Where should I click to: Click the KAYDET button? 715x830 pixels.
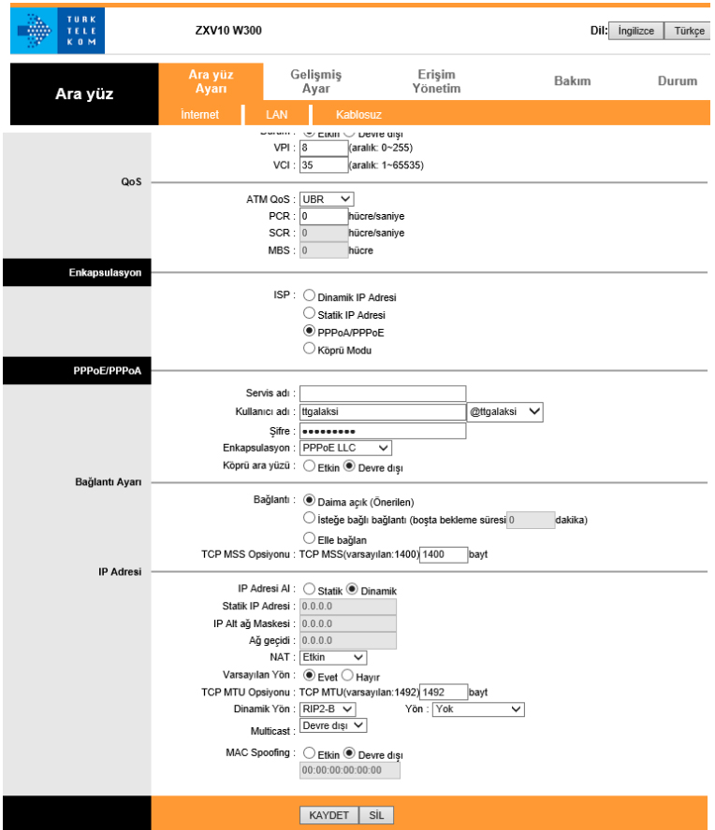[x=328, y=815]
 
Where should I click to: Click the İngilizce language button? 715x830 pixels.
[x=637, y=31]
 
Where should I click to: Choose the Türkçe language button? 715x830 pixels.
[x=689, y=31]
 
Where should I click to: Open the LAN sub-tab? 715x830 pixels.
[x=276, y=114]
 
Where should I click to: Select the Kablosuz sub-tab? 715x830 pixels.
[x=358, y=114]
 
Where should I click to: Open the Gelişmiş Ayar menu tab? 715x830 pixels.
[x=315, y=81]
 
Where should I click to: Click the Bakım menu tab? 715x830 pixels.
[x=572, y=81]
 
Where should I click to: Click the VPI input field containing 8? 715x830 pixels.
[x=322, y=148]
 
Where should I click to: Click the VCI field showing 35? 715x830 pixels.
[x=322, y=165]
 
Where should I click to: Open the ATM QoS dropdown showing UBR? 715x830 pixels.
[x=327, y=198]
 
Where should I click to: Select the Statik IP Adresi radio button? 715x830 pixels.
[x=310, y=314]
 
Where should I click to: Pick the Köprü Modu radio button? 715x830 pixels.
[x=310, y=349]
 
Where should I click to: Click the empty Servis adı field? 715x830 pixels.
[x=382, y=394]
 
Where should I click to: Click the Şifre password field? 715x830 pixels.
[x=382, y=431]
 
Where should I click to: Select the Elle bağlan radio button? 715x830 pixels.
[x=310, y=537]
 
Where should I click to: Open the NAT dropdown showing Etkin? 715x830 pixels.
[x=332, y=657]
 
